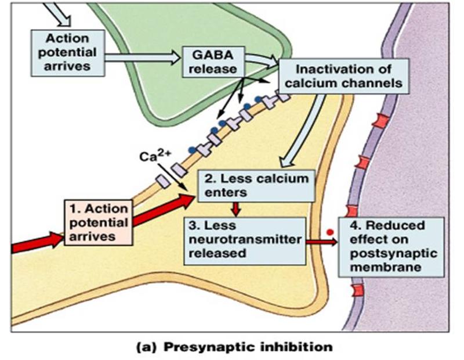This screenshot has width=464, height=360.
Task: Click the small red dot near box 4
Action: click(x=330, y=232)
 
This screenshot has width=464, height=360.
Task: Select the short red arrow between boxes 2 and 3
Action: click(x=236, y=209)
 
